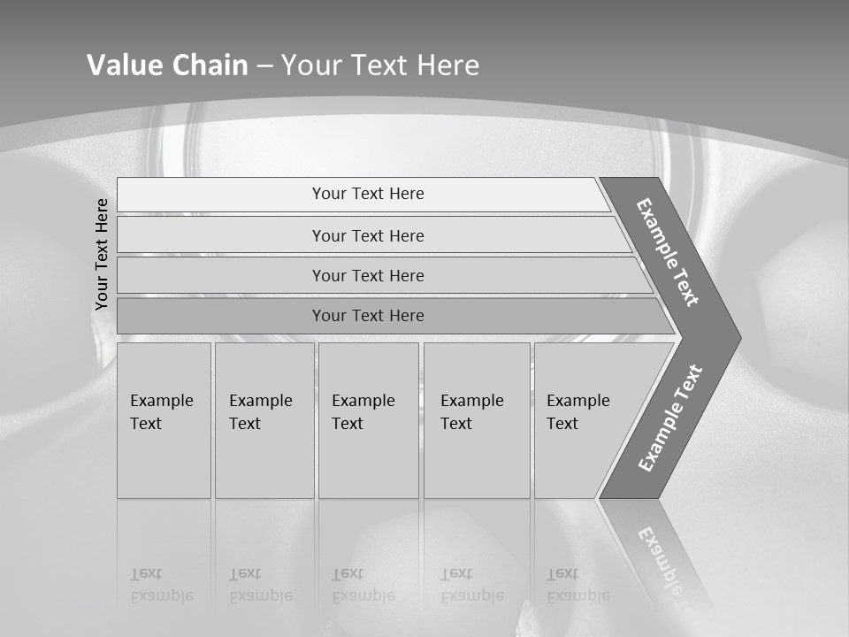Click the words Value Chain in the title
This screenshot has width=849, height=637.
click(x=167, y=65)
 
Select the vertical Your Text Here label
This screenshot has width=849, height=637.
click(x=102, y=254)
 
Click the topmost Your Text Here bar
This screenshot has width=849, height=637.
click(x=368, y=194)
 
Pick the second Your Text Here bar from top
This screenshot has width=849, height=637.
click(x=368, y=235)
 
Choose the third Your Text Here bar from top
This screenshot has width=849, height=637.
click(x=368, y=275)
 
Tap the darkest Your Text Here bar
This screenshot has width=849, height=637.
click(x=368, y=316)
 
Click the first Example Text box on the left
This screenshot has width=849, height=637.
click(x=164, y=420)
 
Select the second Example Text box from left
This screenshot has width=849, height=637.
click(x=264, y=420)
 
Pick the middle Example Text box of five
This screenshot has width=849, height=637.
click(x=367, y=420)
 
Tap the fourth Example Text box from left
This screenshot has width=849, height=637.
click(x=476, y=420)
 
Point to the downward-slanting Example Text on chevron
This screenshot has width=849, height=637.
click(x=668, y=252)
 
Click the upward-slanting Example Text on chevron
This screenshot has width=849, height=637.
click(x=670, y=418)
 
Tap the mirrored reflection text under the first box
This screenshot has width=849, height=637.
click(x=161, y=586)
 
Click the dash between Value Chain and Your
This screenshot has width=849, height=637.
click(x=264, y=66)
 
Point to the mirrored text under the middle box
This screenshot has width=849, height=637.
click(x=363, y=586)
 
